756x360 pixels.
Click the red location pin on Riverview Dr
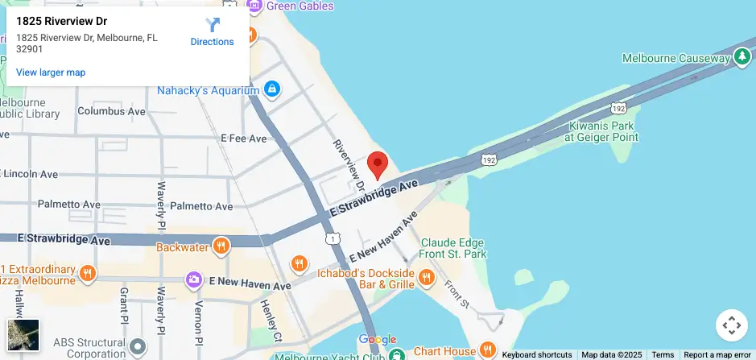tap(378, 164)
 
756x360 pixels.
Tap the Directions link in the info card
tap(213, 33)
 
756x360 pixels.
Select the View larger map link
tap(51, 72)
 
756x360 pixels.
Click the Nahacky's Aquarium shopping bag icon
tap(272, 89)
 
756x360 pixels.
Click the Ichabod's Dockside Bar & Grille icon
tap(427, 278)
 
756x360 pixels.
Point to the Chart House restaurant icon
tap(488, 350)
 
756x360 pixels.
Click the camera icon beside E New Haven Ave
tap(193, 279)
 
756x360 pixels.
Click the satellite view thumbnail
tap(23, 335)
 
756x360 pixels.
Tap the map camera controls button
tap(731, 325)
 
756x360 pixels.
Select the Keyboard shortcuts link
tap(537, 355)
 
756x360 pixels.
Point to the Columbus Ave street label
tap(111, 111)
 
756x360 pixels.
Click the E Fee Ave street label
tap(243, 139)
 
